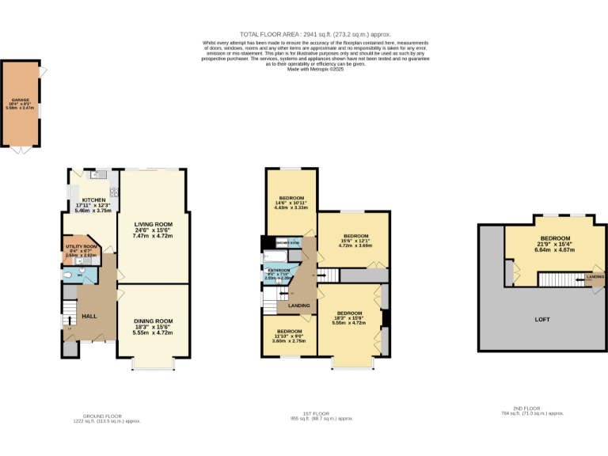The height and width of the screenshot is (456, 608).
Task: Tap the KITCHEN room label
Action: [93, 200]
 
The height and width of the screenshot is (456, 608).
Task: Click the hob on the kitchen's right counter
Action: [114, 191]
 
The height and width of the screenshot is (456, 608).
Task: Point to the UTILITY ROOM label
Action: [80, 247]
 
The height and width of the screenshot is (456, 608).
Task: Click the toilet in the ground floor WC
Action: [69, 275]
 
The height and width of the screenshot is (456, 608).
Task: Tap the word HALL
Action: [89, 316]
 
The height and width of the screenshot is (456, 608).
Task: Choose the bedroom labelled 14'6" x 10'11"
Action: [291, 197]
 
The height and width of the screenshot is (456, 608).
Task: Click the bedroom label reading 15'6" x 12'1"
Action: [355, 236]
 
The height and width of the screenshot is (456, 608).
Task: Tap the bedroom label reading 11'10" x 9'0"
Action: [289, 331]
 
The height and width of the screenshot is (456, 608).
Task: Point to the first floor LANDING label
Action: [298, 305]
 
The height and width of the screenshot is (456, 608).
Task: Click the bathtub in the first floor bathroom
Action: [276, 258]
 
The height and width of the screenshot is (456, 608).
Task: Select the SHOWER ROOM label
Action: [287, 242]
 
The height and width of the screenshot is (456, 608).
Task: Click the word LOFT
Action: [542, 319]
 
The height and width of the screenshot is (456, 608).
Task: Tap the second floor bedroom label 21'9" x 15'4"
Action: [554, 238]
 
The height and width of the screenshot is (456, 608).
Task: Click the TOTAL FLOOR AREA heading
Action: [304, 36]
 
